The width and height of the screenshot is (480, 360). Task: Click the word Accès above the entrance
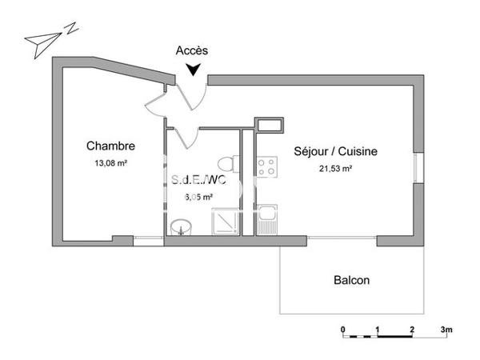192,50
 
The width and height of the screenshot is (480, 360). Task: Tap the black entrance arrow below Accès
193,71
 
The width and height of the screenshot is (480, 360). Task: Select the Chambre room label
110,146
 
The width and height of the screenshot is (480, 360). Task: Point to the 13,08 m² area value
110,163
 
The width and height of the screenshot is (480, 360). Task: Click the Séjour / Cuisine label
335,151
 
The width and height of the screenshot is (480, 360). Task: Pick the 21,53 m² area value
335,168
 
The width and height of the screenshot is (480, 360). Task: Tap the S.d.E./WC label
199,180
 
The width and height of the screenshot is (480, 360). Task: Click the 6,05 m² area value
199,197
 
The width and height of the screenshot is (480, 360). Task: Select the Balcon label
351,281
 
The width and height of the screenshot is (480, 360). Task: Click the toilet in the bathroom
230,164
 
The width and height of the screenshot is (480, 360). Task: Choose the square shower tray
224,222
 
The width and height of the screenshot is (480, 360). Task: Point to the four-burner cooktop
266,166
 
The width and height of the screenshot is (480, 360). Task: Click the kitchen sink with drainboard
266,218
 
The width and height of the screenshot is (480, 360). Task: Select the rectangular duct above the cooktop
269,124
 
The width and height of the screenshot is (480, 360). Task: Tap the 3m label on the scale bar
446,330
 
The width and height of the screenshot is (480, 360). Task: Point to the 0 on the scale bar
342,330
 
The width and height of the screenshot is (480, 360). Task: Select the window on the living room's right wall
416,169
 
